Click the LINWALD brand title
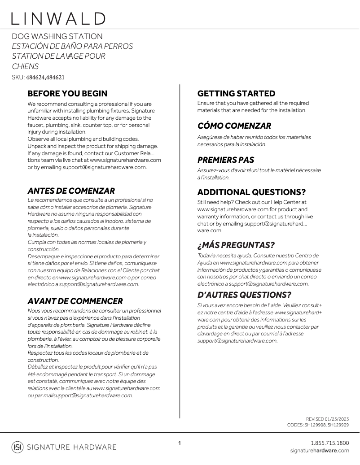[59, 18]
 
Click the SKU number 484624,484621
[45, 77]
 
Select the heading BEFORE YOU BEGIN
[67, 94]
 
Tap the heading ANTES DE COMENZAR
[71, 191]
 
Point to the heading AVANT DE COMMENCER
[75, 301]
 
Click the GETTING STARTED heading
[236, 94]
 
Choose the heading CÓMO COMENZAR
[234, 126]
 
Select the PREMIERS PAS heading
[226, 160]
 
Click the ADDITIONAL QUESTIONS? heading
[251, 192]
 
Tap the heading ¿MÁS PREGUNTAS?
[236, 245]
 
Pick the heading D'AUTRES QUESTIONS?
[244, 295]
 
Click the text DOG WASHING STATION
[57, 36]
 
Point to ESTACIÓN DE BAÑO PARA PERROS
[72, 46]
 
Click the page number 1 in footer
[180, 443]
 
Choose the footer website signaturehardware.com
[319, 450]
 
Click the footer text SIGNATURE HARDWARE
[72, 447]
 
